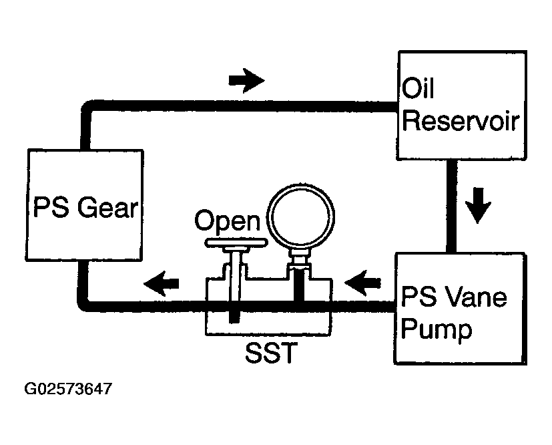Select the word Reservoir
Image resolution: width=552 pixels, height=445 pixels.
pos(461,121)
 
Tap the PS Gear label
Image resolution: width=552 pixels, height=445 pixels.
pos(85,207)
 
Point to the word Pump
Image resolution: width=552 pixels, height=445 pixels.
pos(436,330)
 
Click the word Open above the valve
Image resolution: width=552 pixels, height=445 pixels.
pos(228,221)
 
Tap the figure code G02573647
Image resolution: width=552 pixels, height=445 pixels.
pos(68,389)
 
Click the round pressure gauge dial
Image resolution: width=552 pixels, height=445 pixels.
pos(300,215)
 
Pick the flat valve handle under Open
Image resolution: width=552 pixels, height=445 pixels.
pos(236,243)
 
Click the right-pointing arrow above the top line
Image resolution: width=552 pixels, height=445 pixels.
pos(246,80)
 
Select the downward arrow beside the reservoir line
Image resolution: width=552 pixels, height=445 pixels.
pos(478,205)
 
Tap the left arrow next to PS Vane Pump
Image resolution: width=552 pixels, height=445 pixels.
pos(362,283)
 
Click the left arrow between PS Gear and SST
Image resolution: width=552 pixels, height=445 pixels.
pos(162,283)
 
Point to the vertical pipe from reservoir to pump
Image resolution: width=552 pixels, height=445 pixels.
pos(452,206)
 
